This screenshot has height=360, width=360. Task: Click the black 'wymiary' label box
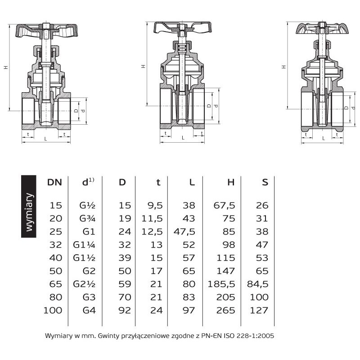(29, 206)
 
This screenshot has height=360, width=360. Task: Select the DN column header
(54, 182)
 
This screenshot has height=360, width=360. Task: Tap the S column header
(265, 182)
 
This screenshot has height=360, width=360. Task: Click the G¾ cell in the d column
(87, 218)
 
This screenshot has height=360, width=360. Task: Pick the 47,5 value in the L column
(184, 231)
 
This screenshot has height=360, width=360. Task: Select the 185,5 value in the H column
(221, 284)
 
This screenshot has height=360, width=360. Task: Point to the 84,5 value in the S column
(257, 284)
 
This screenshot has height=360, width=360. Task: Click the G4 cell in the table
(89, 310)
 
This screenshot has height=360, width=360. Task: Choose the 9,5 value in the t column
(155, 205)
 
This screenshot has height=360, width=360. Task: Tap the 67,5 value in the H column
(224, 205)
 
